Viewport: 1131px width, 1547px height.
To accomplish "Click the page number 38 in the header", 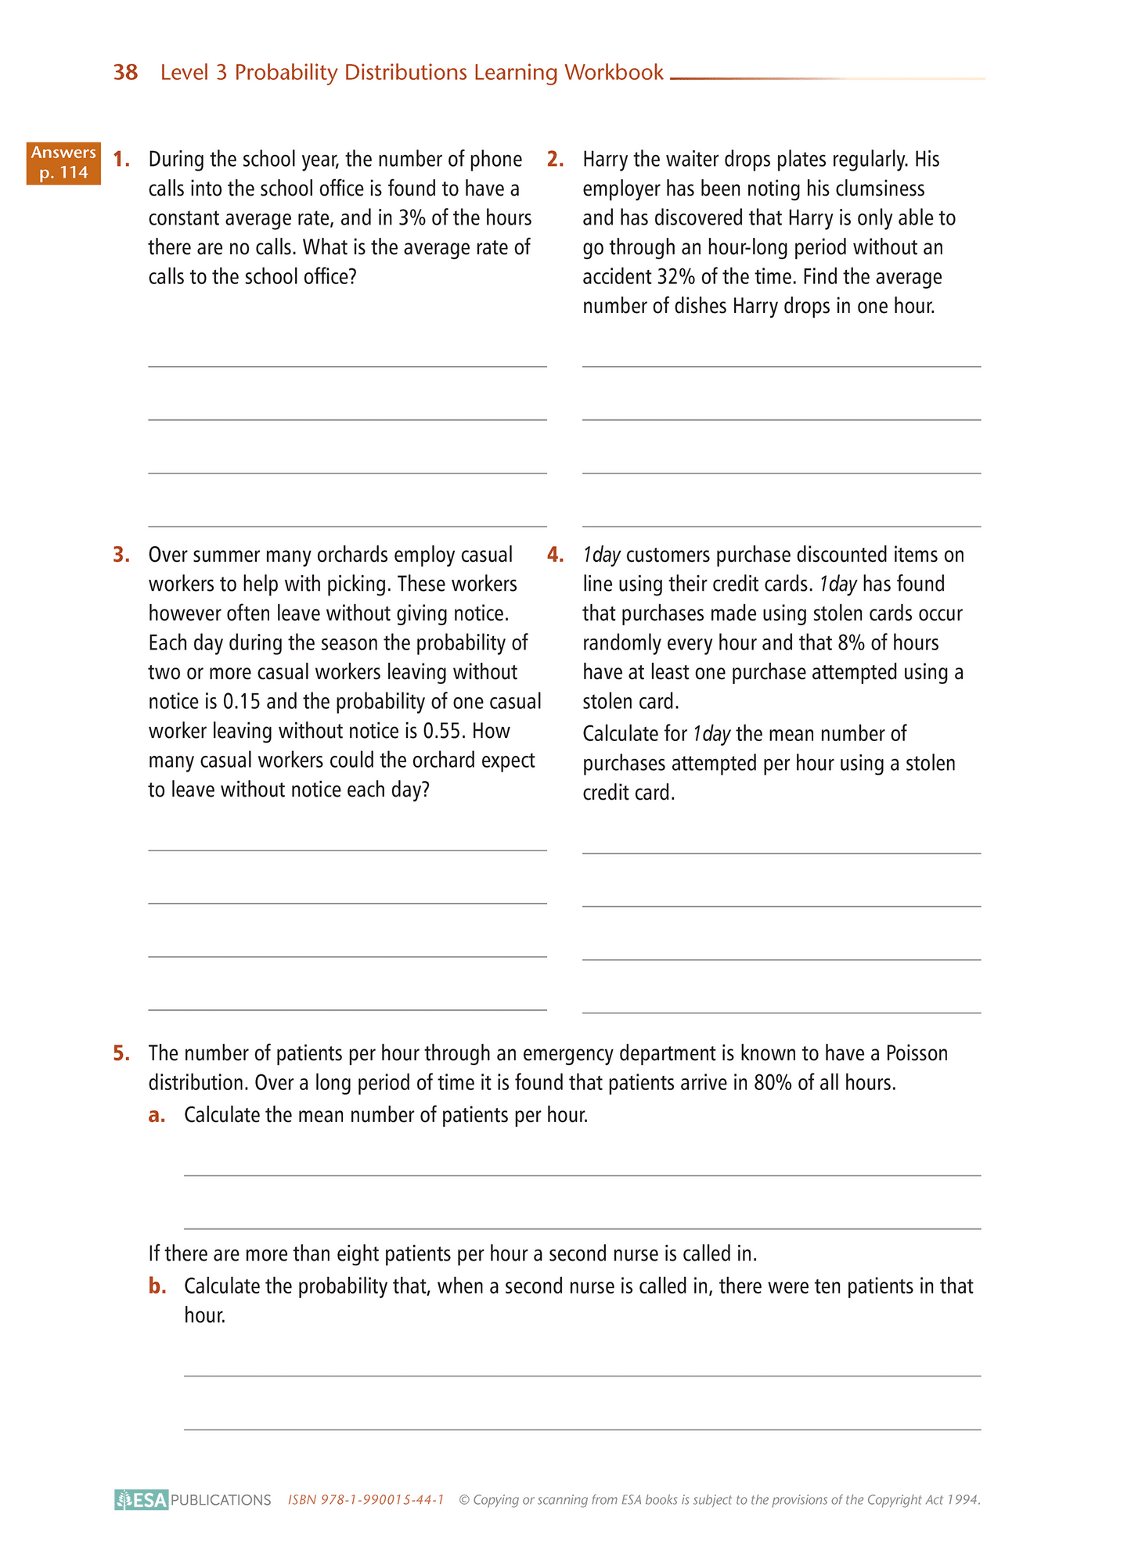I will click(125, 73).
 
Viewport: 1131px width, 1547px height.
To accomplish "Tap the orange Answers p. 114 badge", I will click(63, 163).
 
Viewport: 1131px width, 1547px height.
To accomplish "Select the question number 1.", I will click(121, 160).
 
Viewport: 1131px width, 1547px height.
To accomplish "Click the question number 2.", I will click(555, 160).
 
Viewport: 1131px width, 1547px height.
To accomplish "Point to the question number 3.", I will click(121, 555).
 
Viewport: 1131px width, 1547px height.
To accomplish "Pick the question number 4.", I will click(555, 555).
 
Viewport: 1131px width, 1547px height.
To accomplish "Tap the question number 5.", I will click(121, 1053).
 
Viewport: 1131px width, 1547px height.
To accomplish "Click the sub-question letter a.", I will click(157, 1115).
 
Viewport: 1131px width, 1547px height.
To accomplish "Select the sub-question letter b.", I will click(157, 1286).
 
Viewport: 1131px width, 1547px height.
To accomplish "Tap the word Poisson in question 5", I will click(917, 1053).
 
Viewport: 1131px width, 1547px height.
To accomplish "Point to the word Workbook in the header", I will click(614, 73).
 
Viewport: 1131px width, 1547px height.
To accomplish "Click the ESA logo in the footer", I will click(142, 1499).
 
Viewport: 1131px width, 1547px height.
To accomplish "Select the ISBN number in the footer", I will click(366, 1499).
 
